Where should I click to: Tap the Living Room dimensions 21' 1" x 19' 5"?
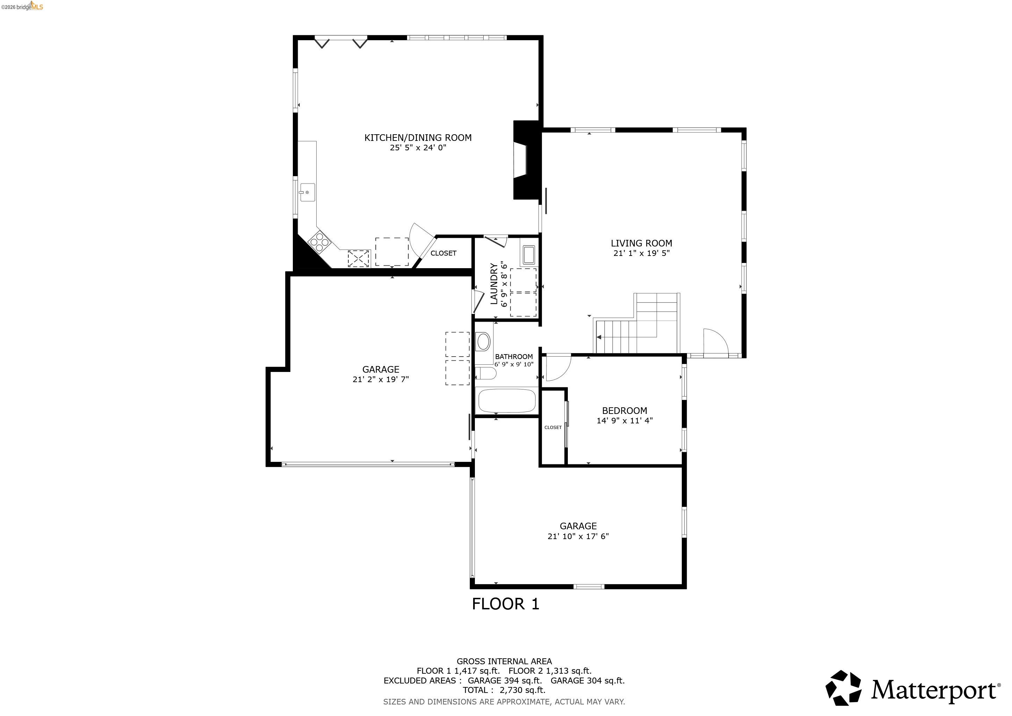pyautogui.click(x=641, y=253)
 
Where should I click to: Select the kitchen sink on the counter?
pyautogui.click(x=307, y=192)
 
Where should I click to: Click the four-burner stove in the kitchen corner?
pyautogui.click(x=319, y=242)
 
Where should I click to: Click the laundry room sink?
pyautogui.click(x=528, y=255)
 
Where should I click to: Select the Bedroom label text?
pyautogui.click(x=624, y=410)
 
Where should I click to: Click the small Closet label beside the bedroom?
pyautogui.click(x=553, y=427)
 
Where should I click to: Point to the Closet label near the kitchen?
pyautogui.click(x=443, y=253)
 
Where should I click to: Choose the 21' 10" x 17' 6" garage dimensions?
pyautogui.click(x=578, y=536)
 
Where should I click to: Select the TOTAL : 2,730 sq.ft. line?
pyautogui.click(x=504, y=690)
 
